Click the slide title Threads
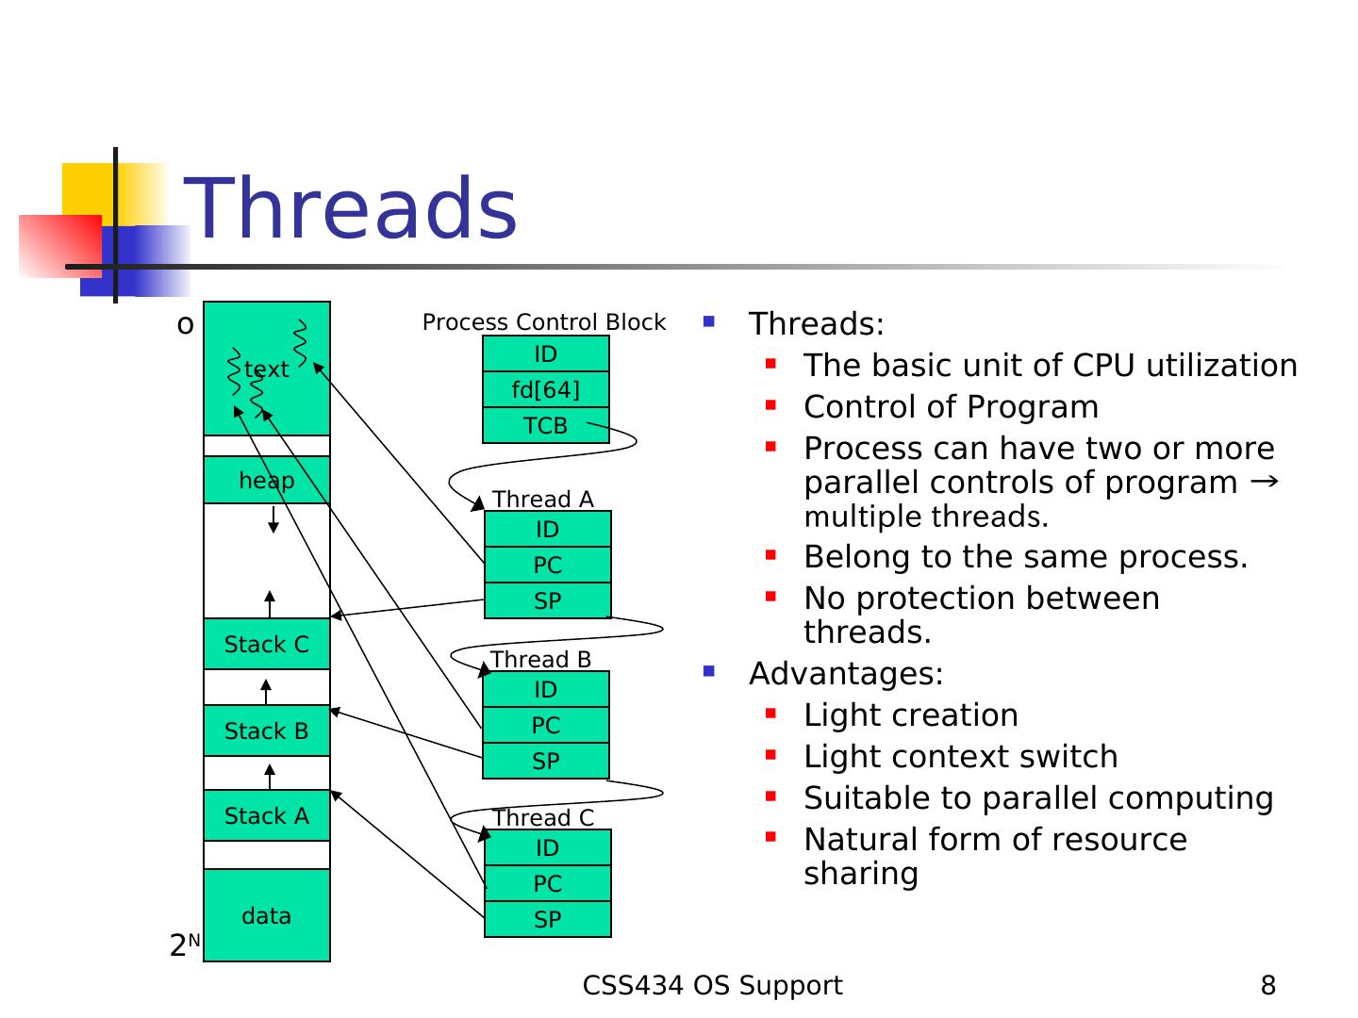point(351,209)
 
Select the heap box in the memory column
point(267,481)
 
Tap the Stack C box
point(267,645)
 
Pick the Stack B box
point(267,731)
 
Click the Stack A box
point(267,816)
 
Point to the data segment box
point(267,915)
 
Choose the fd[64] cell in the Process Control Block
point(546,390)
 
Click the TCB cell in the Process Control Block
point(546,426)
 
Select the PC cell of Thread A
point(548,566)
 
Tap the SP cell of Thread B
point(546,762)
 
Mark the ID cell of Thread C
point(548,848)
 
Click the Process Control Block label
point(544,322)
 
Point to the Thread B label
point(541,660)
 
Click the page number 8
point(1268,986)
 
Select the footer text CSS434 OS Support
point(713,986)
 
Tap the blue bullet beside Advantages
point(709,672)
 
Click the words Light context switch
point(961,757)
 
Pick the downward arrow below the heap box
point(273,519)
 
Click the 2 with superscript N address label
point(185,944)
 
